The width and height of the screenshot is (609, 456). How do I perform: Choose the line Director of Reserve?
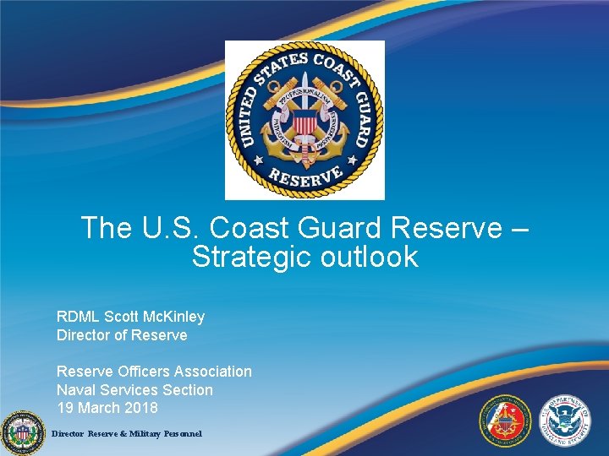tap(122, 335)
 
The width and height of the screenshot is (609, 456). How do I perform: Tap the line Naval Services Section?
tap(134, 390)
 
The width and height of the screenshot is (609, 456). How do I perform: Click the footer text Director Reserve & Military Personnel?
tap(127, 433)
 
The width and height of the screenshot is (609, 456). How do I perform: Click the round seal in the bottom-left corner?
tap(23, 432)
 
